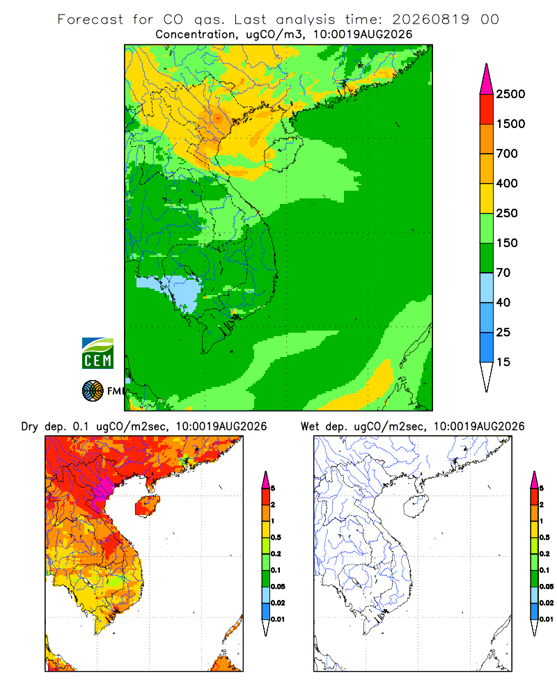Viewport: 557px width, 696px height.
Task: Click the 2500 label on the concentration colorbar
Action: pos(510,94)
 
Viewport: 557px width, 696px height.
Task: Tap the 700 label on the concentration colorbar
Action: pos(507,154)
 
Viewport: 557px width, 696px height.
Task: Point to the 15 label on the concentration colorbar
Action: pos(503,362)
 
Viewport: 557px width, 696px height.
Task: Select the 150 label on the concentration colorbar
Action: pos(507,243)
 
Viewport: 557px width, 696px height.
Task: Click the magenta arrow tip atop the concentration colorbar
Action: pos(487,79)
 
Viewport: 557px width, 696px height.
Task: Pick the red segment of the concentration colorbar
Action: pos(487,109)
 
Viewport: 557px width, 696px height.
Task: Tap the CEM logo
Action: pos(97,354)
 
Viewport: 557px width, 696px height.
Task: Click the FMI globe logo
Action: pos(93,391)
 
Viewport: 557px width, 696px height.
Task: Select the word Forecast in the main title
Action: pos(91,19)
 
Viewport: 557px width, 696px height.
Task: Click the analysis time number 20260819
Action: pos(430,19)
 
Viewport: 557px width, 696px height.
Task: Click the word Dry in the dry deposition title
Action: pos(30,427)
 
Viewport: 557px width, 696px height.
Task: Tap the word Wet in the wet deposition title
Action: pos(310,427)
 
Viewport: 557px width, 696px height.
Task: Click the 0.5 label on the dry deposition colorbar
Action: pos(276,537)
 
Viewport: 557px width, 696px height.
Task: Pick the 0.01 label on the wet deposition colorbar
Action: pos(547,619)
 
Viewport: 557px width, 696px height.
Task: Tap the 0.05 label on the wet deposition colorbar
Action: pos(547,586)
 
